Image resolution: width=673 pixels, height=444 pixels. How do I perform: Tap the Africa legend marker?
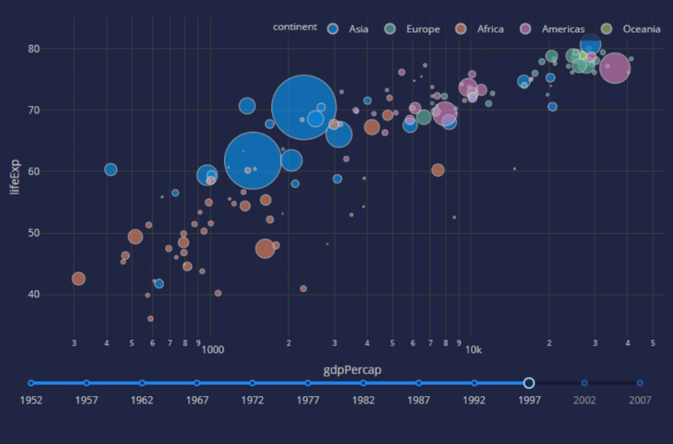462,29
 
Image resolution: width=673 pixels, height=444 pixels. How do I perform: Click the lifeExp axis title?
16,177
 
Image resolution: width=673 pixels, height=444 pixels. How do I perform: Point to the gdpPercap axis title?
352,370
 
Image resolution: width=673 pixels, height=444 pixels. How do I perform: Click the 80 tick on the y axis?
50,49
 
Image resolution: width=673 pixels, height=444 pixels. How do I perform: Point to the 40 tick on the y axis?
50,294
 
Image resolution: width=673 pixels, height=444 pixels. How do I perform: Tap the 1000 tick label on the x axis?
212,350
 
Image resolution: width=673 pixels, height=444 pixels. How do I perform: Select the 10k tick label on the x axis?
474,350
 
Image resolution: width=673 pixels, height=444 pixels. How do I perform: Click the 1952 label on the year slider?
31,400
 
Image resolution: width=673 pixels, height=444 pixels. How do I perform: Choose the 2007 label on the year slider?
640,400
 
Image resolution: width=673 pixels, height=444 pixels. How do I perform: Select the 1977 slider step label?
308,400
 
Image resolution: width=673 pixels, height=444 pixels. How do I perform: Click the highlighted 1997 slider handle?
529,383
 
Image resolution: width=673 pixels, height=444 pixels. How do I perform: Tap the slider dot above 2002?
585,383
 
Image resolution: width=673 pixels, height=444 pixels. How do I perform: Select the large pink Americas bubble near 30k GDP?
615,68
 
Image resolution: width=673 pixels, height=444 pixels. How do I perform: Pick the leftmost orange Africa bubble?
79,279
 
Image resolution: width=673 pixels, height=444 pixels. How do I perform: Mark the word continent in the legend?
295,27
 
